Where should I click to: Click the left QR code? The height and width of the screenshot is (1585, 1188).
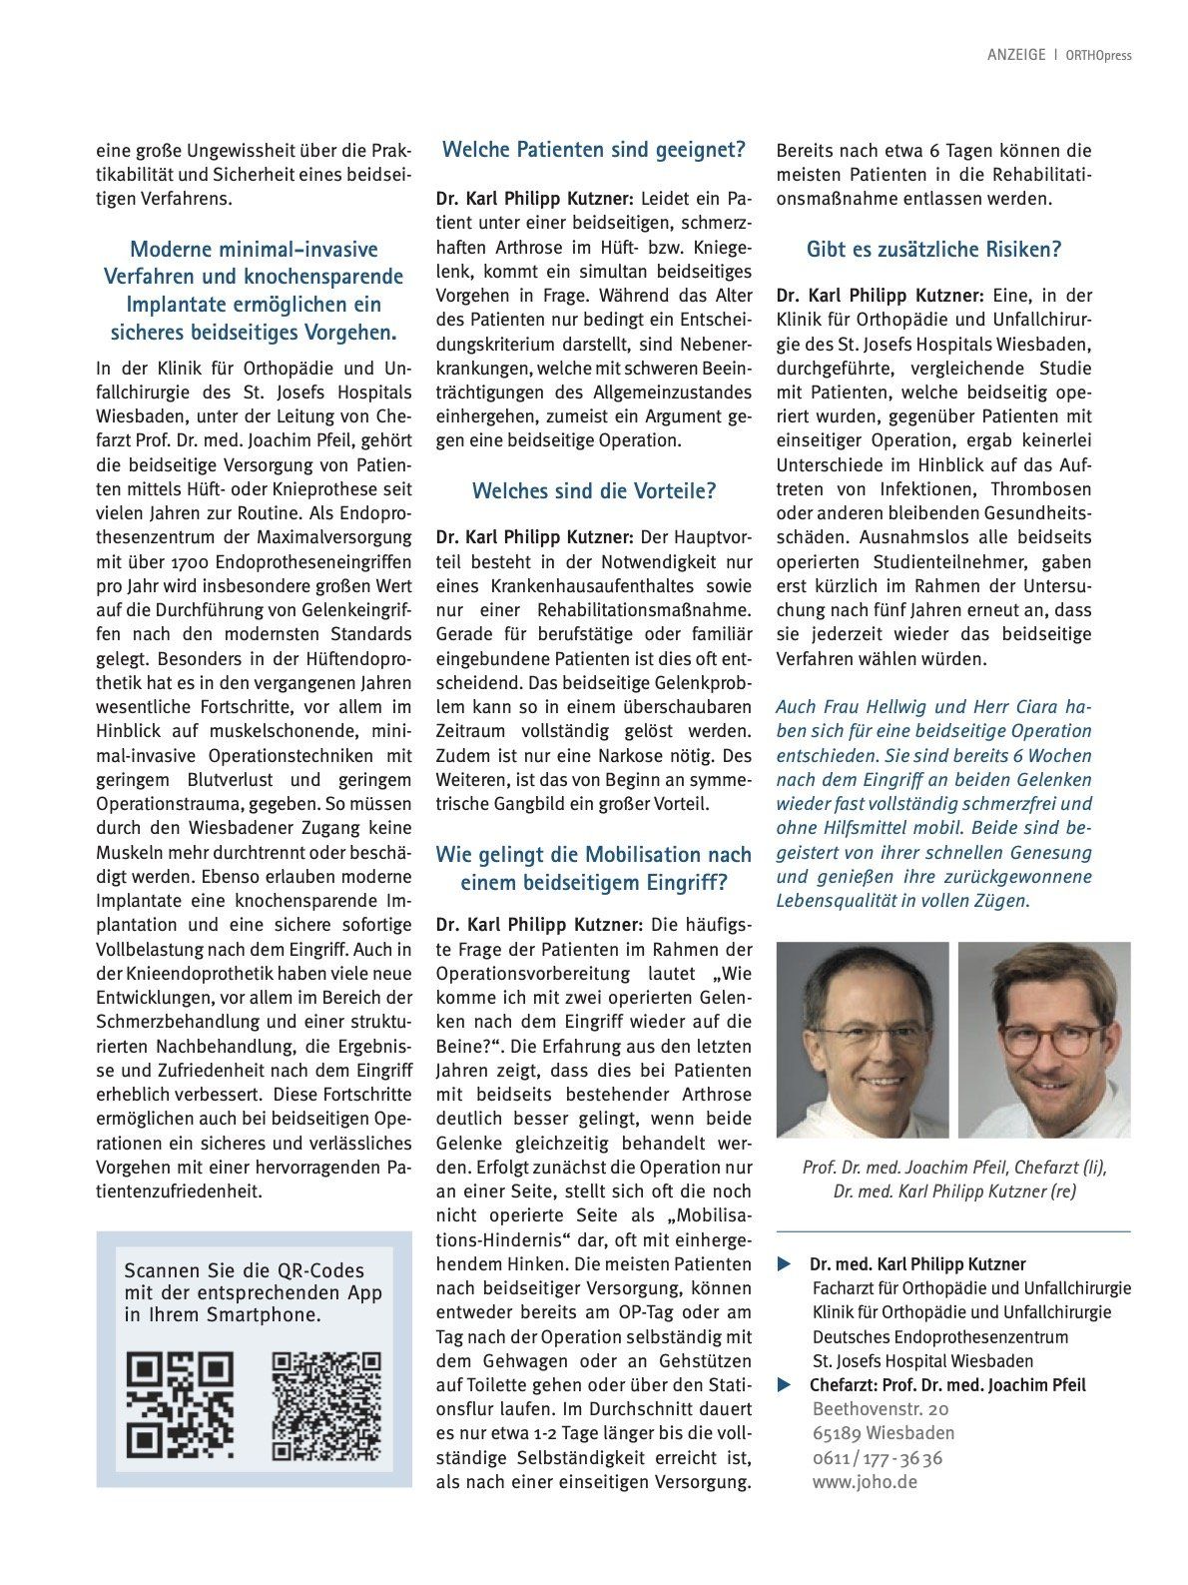coord(180,1404)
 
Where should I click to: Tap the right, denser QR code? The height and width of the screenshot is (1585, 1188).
coord(326,1404)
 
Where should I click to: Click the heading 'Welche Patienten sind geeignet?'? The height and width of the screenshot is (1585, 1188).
coord(594,150)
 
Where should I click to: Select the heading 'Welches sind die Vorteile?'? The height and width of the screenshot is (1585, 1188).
coord(594,491)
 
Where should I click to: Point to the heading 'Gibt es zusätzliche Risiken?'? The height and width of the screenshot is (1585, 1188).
coord(933,250)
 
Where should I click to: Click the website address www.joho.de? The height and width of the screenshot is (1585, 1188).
coord(865,1481)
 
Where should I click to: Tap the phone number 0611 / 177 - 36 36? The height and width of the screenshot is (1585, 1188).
coord(877,1457)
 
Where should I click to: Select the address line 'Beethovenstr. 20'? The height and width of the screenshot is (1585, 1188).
coord(881,1408)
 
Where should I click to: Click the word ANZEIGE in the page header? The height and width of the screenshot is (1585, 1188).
coord(1015,55)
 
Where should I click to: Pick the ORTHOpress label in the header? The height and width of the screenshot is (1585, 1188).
coord(1098,55)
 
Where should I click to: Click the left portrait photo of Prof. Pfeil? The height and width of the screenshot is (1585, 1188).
coord(863,1039)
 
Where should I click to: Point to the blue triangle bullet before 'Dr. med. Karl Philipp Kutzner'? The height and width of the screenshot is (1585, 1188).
coord(784,1264)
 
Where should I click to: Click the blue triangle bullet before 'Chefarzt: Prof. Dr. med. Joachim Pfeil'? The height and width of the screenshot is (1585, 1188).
coord(784,1385)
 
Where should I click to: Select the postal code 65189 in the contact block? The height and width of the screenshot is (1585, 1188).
coord(839,1433)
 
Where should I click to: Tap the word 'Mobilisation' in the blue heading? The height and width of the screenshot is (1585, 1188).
coord(642,855)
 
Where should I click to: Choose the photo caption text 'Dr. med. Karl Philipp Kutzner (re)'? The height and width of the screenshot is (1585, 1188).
coord(954,1190)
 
